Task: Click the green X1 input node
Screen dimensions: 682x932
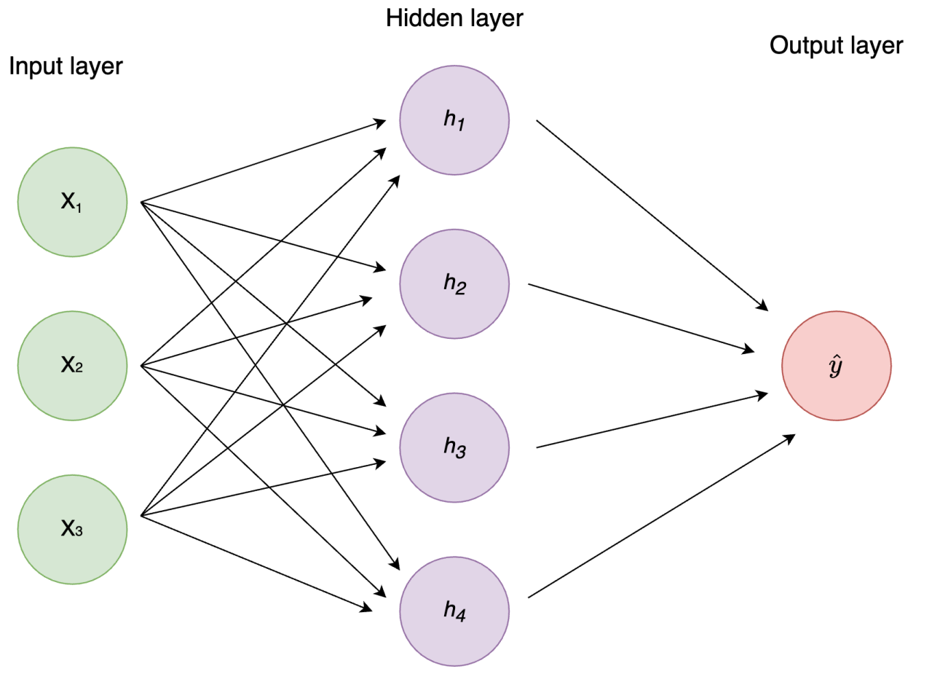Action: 72,202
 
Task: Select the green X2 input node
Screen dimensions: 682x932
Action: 72,366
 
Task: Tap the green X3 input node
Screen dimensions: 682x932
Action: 72,529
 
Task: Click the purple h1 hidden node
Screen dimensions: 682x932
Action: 454,120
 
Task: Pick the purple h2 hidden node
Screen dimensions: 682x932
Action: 454,283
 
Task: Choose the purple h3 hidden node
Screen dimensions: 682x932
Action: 454,447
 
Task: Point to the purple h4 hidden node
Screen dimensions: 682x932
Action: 454,611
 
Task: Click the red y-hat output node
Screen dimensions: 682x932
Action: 836,366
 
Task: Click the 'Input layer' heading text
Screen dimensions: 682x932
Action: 66,66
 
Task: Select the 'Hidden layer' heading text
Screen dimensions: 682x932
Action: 454,17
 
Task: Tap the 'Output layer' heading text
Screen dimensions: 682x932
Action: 836,46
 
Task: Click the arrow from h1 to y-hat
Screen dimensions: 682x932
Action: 652,214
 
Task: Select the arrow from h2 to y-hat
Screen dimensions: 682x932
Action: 641,318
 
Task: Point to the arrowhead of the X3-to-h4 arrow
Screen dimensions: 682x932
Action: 368,607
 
